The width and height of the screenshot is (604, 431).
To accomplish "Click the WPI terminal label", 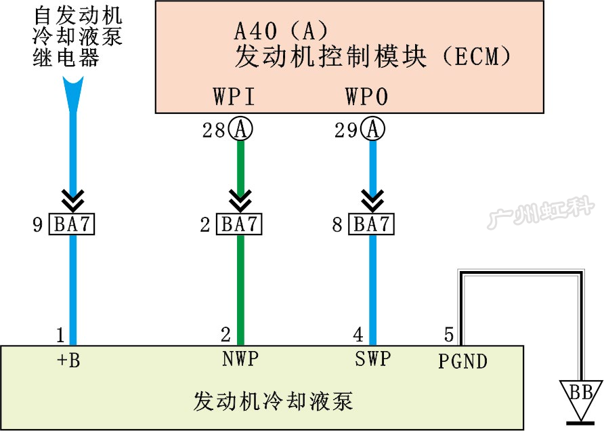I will click(x=234, y=98).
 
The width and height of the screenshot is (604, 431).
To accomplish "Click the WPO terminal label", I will click(x=366, y=98).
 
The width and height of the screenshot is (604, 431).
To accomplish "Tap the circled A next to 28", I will click(x=240, y=129).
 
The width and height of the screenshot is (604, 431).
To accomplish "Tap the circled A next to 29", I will click(x=372, y=129).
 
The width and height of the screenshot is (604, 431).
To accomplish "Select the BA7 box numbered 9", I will click(x=71, y=224).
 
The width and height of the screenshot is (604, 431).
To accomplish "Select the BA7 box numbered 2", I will click(x=239, y=224).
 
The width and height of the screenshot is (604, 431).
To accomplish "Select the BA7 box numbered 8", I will click(x=371, y=224).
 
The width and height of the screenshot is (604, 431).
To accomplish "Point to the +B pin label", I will click(x=69, y=361).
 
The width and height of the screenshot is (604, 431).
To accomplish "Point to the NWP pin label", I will click(x=240, y=359).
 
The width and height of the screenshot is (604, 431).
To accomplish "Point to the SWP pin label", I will click(x=372, y=359).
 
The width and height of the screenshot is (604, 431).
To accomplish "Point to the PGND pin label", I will click(x=462, y=361).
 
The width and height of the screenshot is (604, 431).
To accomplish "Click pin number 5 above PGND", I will click(x=448, y=335).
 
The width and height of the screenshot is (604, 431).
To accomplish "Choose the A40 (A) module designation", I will click(x=280, y=30).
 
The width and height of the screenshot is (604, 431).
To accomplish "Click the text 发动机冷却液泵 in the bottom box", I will click(x=273, y=401).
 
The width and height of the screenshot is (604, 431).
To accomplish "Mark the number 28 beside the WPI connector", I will click(x=214, y=130).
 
